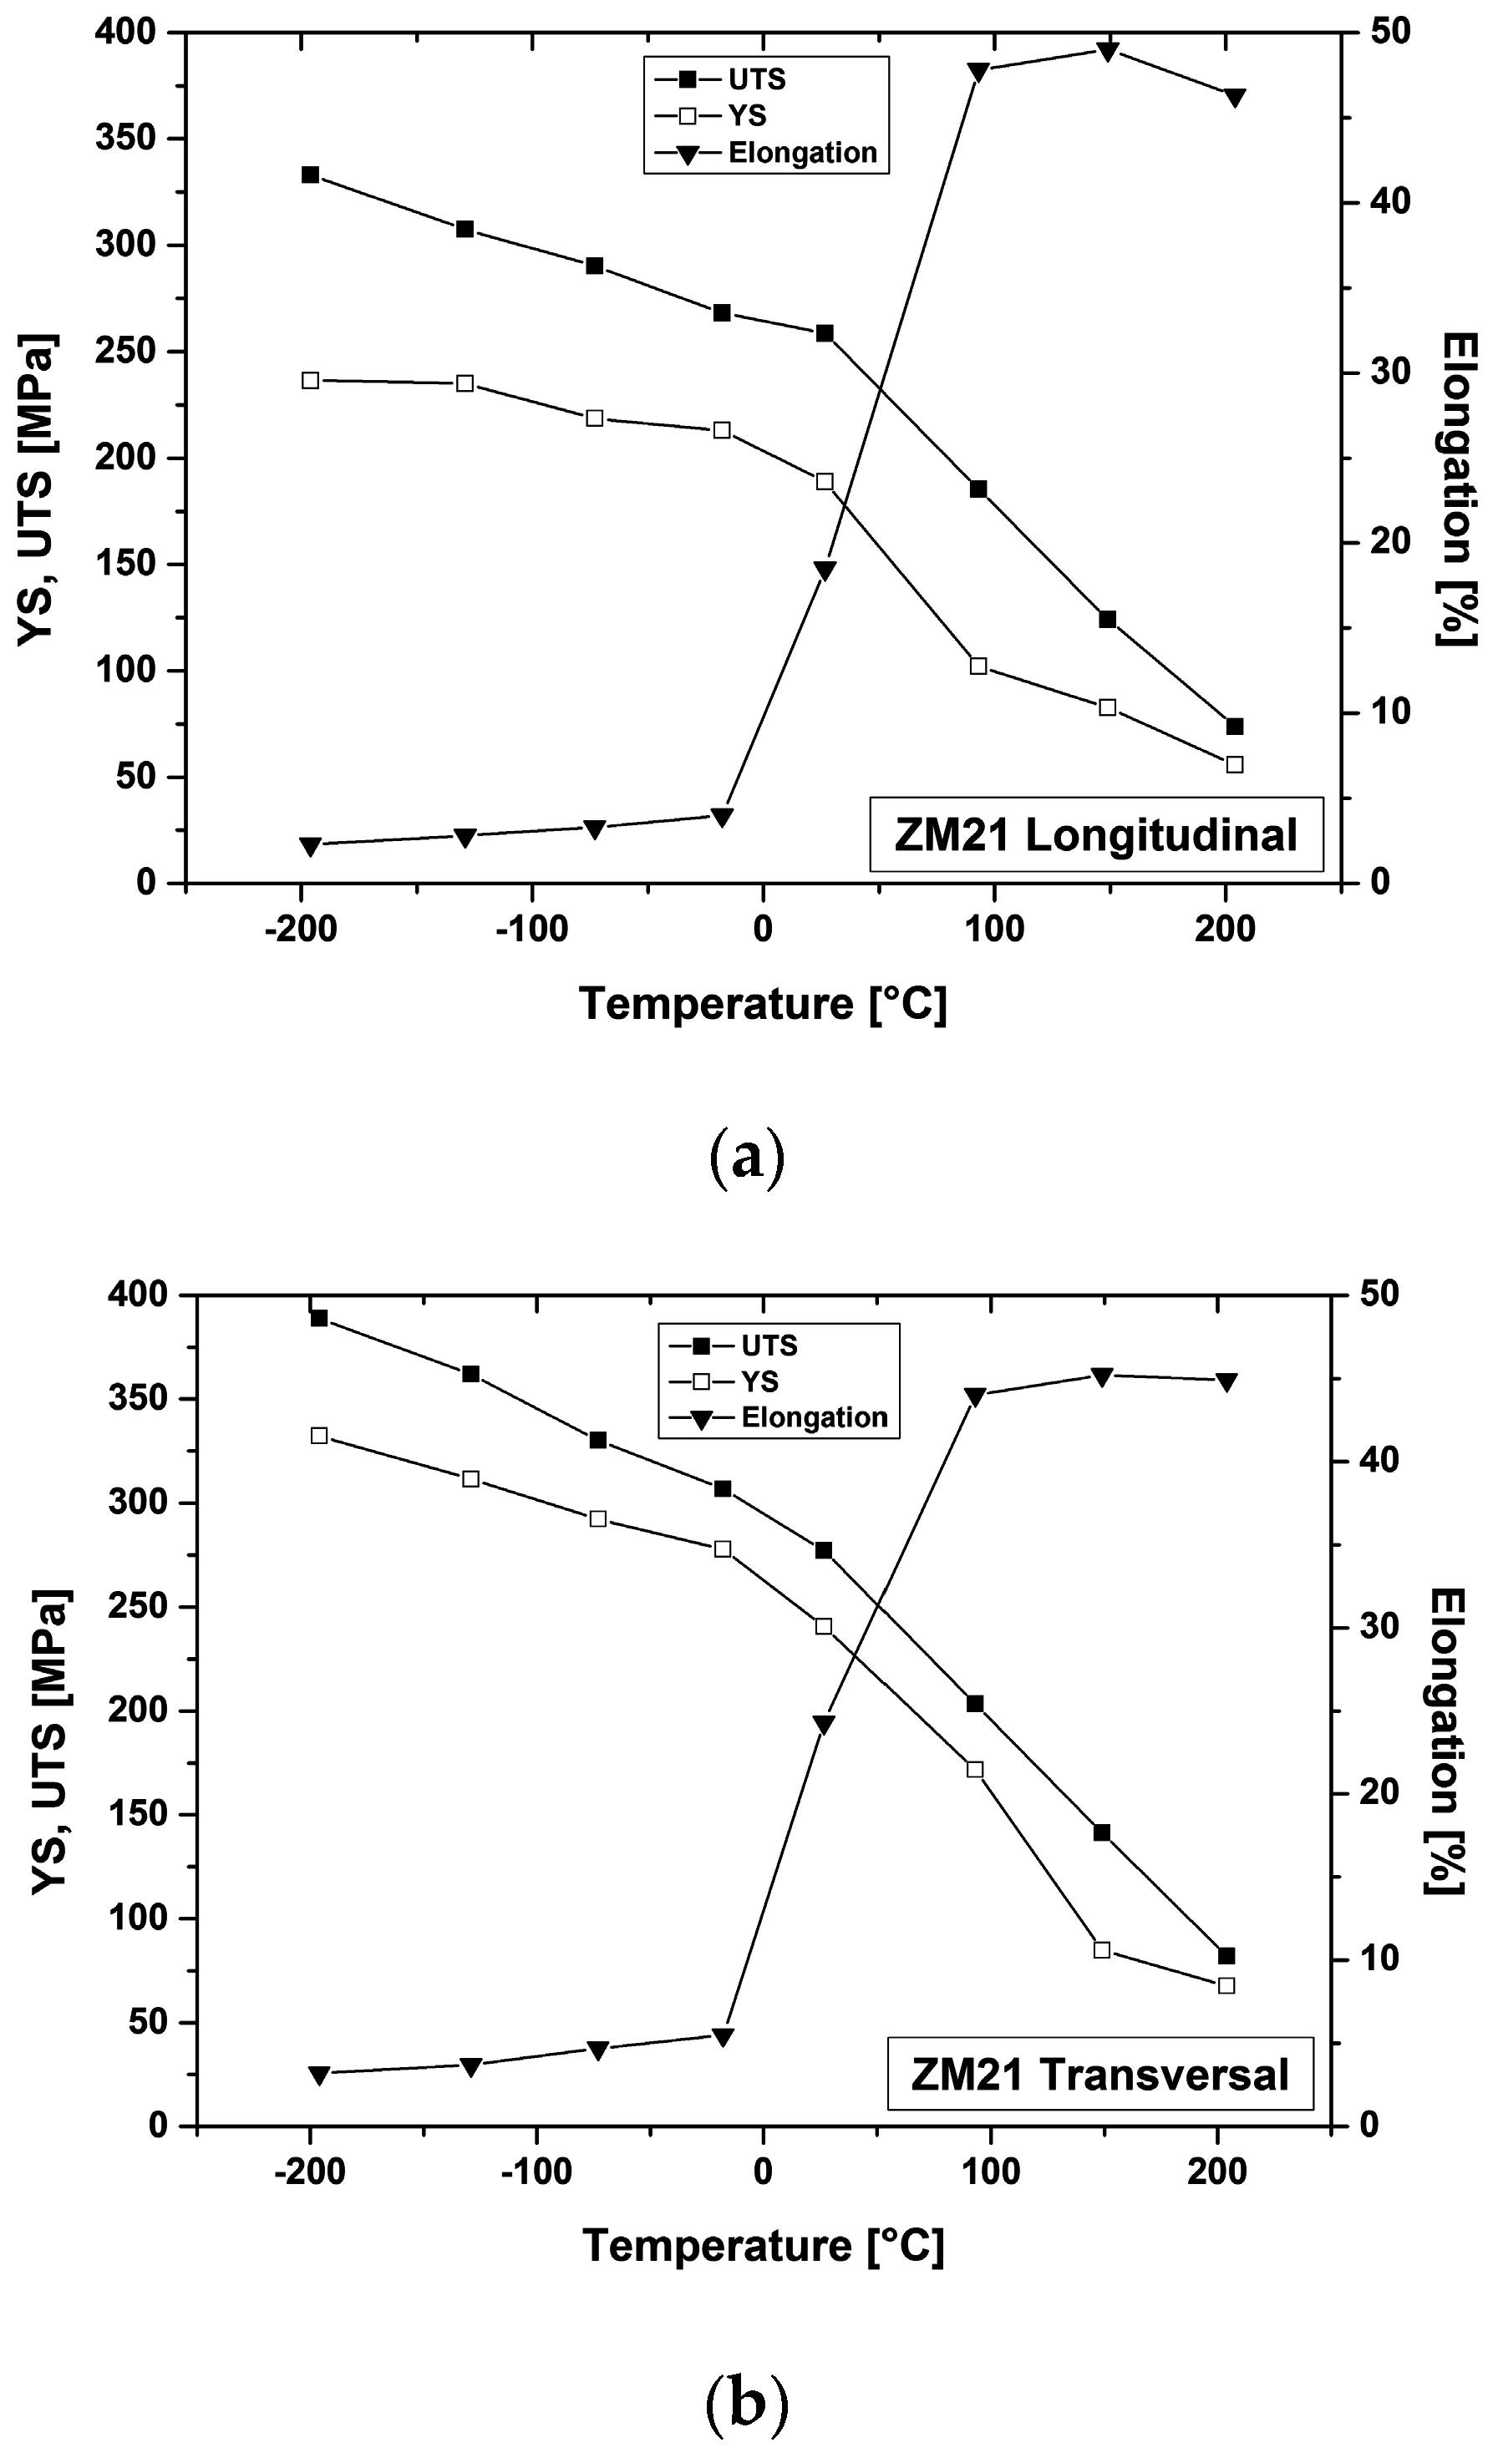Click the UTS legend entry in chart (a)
pos(755,80)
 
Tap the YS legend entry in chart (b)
pos(759,1381)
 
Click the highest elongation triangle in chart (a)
pos(1107,52)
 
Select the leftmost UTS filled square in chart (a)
pos(311,175)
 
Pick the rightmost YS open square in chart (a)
pos(1235,764)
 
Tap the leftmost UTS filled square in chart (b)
pos(319,1318)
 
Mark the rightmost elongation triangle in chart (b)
pos(1226,1381)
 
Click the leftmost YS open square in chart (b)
pos(319,1436)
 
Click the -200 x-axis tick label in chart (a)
pos(301,929)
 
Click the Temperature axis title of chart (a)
pos(763,1004)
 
